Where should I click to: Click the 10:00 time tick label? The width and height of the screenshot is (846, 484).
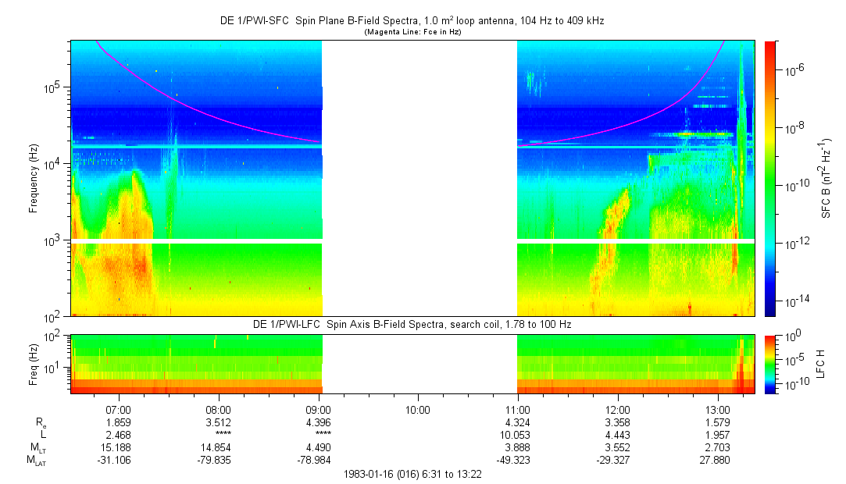point(418,408)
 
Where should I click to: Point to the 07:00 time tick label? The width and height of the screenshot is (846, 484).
point(118,408)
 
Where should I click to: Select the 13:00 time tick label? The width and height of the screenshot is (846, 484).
point(718,408)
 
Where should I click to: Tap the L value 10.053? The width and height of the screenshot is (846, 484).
point(517,434)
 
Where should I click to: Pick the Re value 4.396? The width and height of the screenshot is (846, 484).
point(319,422)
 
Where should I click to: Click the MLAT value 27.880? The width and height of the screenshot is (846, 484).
point(718,461)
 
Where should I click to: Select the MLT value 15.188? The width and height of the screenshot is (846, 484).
point(118,447)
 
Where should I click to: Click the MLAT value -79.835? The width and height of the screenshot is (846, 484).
point(218,461)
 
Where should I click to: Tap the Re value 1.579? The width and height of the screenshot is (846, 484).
point(718,422)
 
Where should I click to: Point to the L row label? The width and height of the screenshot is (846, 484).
point(44,434)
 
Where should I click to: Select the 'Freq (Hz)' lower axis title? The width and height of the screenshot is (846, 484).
point(34,363)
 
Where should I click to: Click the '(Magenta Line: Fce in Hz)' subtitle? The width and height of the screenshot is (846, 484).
point(412,32)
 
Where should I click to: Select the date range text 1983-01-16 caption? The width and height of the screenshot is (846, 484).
point(412,474)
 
